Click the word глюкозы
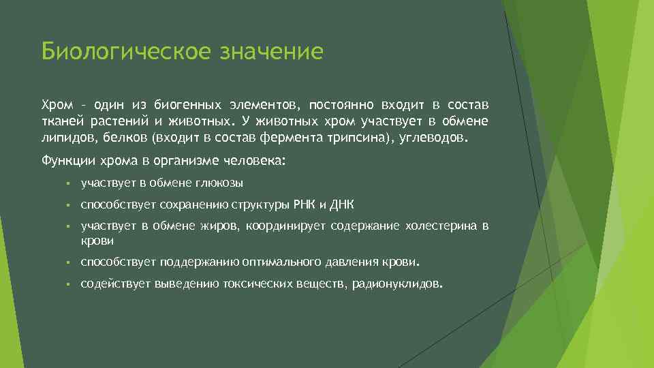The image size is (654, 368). pos(220,183)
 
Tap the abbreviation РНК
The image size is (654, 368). pos(304,204)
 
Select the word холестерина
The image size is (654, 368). pos(439,226)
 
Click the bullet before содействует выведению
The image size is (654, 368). pos(69,284)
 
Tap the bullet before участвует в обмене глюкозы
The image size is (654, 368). pos(69,183)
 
